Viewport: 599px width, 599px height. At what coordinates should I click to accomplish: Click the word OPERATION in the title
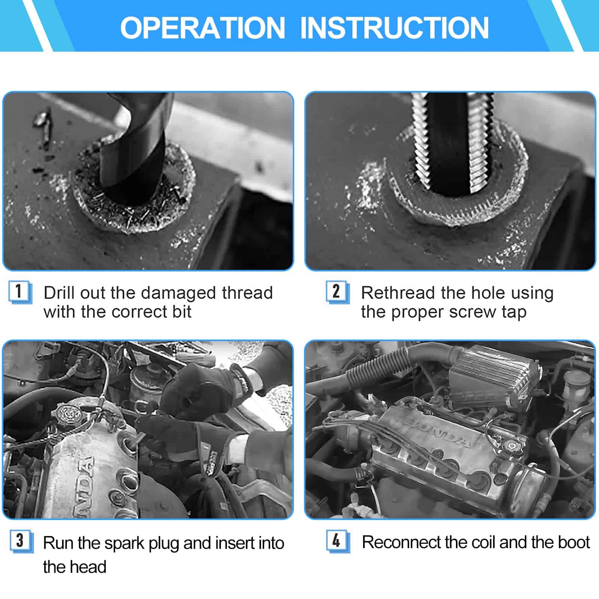tap(203, 28)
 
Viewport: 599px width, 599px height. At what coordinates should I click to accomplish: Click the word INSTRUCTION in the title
tap(395, 28)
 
